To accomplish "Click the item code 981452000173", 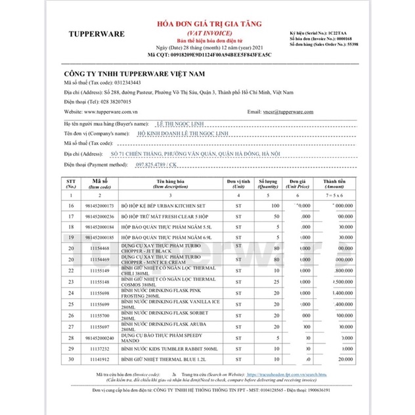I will click(99, 206).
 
